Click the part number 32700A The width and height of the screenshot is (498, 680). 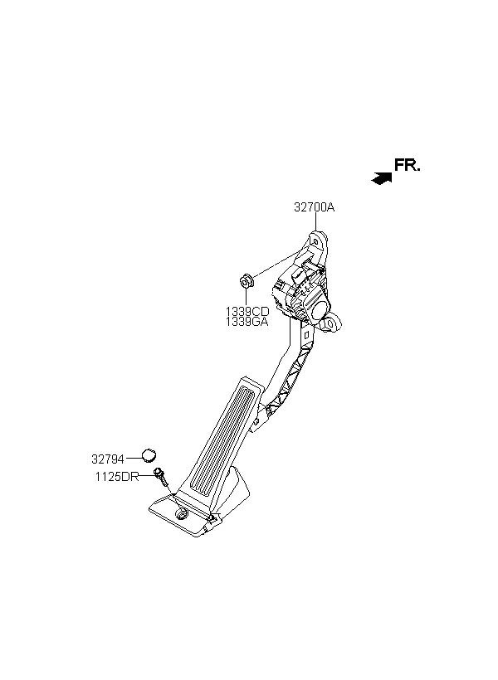[x=315, y=207]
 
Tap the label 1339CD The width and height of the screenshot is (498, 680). [x=247, y=311]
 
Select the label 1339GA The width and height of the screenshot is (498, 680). [x=247, y=322]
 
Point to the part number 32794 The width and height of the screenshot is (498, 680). [x=108, y=459]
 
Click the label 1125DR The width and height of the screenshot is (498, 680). [x=117, y=477]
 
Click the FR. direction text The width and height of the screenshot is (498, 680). [x=407, y=165]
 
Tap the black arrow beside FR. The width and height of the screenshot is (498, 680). [x=382, y=178]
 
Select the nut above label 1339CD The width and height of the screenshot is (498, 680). [x=247, y=280]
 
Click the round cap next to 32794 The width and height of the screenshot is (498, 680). [x=149, y=455]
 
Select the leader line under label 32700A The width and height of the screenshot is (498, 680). [x=315, y=221]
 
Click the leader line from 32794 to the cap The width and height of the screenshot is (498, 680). [x=134, y=457]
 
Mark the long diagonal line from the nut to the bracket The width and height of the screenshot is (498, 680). [x=276, y=265]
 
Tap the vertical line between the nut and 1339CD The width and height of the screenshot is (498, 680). [x=247, y=297]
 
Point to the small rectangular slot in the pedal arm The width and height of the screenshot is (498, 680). [x=305, y=335]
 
